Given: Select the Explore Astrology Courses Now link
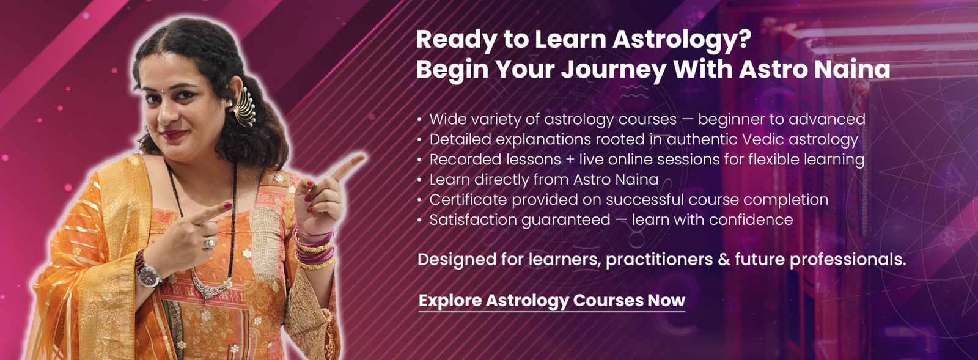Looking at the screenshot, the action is (552, 301).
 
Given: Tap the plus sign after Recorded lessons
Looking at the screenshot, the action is (570, 160).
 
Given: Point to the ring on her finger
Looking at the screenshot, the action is (210, 242).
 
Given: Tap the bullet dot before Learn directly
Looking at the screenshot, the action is (419, 180).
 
